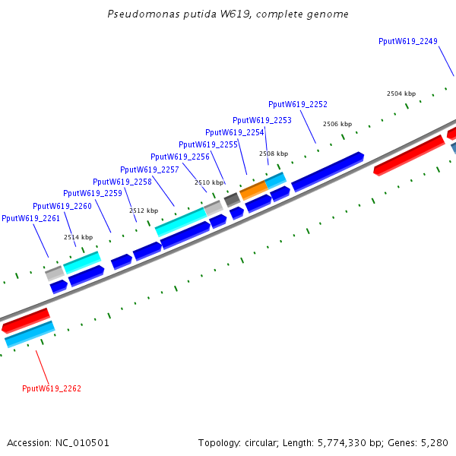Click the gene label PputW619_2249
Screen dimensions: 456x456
point(407,41)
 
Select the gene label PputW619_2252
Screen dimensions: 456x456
point(298,104)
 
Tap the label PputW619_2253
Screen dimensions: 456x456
point(262,120)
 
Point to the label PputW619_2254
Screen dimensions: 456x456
point(235,132)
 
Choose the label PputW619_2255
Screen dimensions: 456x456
point(208,144)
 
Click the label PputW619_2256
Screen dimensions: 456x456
point(180,157)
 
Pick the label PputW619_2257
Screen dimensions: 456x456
point(150,169)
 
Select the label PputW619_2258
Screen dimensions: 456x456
point(122,182)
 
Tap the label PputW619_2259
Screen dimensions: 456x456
point(93,193)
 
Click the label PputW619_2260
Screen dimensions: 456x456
point(62,206)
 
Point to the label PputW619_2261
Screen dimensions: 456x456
point(31,218)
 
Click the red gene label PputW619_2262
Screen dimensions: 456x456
point(52,388)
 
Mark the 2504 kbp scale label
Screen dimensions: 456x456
point(401,93)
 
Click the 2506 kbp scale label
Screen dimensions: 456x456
point(337,124)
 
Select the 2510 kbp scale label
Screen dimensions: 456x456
point(209,182)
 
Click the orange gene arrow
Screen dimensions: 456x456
point(253,189)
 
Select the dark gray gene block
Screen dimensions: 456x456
point(232,199)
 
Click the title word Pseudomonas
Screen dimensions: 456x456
point(137,14)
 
